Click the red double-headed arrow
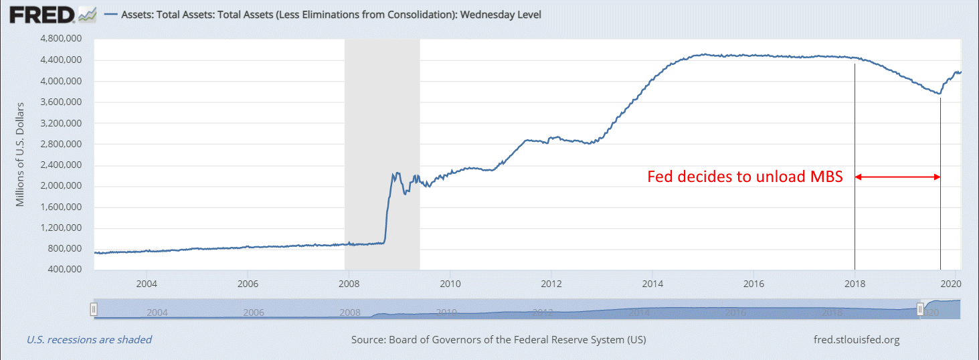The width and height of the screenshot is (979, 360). (897, 177)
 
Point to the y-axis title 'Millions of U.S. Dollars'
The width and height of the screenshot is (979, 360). (21, 155)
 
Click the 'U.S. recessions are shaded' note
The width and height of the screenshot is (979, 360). (89, 340)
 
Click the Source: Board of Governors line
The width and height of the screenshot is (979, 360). (499, 340)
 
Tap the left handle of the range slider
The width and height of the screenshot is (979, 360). (94, 309)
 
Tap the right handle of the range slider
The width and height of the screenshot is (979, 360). (920, 309)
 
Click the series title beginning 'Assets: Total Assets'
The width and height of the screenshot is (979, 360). (331, 14)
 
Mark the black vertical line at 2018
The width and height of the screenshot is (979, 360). (855, 167)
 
